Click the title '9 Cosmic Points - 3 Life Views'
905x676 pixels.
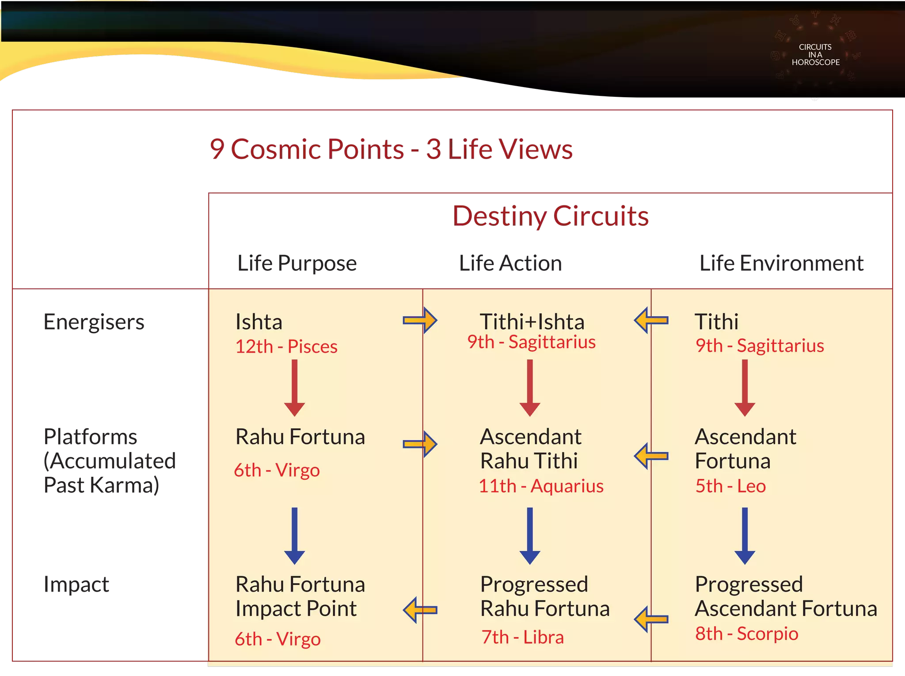coord(391,149)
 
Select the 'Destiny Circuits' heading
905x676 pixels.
coord(551,216)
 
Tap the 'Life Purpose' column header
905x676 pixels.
coord(297,263)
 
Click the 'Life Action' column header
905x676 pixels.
coord(510,263)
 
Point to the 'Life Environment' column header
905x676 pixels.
coord(781,263)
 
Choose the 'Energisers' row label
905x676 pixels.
coord(94,322)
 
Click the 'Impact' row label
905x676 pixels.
coord(76,585)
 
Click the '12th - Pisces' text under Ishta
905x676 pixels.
coord(286,346)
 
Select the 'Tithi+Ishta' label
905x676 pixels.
coord(532,322)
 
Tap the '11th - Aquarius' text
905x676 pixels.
coord(541,486)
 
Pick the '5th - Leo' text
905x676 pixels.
coord(730,486)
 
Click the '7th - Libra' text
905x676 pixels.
coord(522,637)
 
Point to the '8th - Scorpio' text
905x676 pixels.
coord(747,634)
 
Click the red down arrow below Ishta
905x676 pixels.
coord(294,387)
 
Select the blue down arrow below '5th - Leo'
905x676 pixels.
coord(745,535)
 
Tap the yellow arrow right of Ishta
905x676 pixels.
coord(420,320)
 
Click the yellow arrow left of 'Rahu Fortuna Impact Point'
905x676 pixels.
coord(420,610)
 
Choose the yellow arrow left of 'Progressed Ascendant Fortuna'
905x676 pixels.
coord(651,619)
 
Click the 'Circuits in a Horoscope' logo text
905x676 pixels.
coord(815,55)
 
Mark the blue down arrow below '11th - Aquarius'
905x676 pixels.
coord(530,535)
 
